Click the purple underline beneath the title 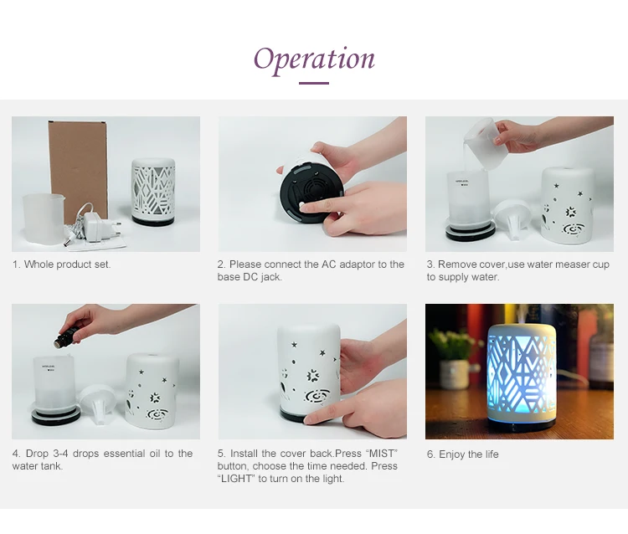(314, 83)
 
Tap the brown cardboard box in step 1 (78, 170)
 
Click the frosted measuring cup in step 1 (43, 219)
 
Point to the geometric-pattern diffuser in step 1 (153, 192)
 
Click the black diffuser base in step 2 (311, 193)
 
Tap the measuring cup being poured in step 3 (480, 138)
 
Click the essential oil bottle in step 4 (66, 336)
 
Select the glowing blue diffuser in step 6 (521, 377)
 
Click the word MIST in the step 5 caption (381, 453)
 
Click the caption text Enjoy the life (469, 454)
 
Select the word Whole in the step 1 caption (39, 264)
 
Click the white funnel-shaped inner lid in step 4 (98, 403)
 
